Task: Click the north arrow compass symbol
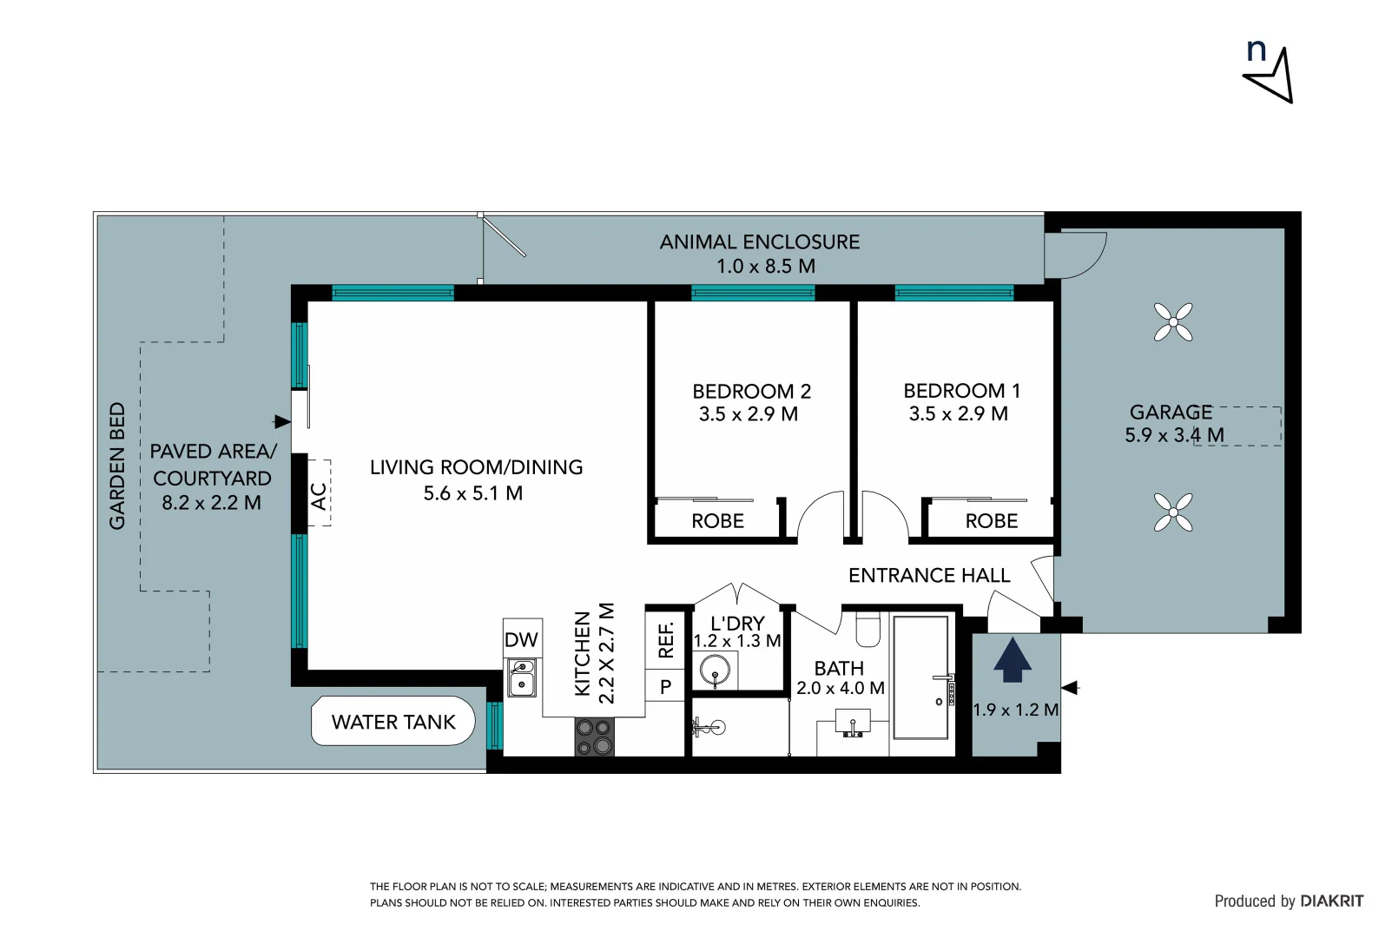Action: click(x=1270, y=73)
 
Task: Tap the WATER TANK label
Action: click(x=393, y=722)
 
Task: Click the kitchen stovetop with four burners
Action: click(x=595, y=737)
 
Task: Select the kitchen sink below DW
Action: click(x=522, y=677)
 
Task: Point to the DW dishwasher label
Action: click(x=521, y=640)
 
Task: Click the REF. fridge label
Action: click(x=666, y=639)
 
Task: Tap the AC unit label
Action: click(x=319, y=496)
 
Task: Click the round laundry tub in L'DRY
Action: click(x=715, y=670)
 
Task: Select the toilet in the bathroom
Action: click(x=868, y=630)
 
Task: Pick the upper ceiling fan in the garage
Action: click(x=1173, y=322)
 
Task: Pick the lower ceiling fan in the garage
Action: click(x=1173, y=512)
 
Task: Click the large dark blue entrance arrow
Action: click(x=1013, y=660)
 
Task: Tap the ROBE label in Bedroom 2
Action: click(x=717, y=521)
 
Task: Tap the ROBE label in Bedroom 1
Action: click(x=991, y=521)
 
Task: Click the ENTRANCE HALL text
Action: click(x=929, y=576)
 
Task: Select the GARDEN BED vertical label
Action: click(x=117, y=466)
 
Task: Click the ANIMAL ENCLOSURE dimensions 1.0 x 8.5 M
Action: click(x=765, y=267)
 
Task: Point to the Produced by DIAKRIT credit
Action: click(x=1289, y=902)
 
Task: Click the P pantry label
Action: click(x=665, y=687)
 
